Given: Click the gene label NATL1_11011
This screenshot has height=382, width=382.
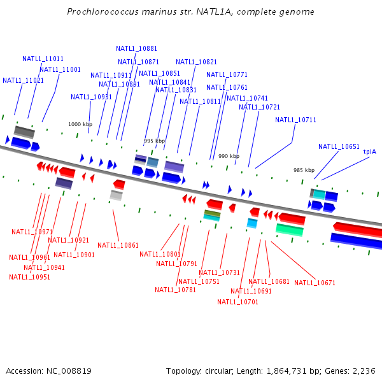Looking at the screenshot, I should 43,59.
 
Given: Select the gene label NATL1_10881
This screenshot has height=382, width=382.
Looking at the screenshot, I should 136,48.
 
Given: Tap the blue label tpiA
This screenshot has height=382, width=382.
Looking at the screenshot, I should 369,152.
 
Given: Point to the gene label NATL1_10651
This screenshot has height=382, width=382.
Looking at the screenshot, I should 339,146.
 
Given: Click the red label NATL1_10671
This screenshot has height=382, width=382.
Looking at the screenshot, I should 315,283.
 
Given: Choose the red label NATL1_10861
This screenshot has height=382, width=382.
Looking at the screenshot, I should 118,245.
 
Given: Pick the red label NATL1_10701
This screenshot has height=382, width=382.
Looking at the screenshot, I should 237,302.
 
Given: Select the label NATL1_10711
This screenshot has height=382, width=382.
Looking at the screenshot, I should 295,120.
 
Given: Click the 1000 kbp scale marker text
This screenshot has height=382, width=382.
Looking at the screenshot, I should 80,124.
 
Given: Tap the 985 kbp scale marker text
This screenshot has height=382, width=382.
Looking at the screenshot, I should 304,170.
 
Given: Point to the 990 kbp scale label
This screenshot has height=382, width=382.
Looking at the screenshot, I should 229,156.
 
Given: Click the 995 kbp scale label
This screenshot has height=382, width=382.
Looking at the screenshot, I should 154,141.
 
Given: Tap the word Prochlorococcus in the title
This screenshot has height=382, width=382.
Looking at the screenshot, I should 101,12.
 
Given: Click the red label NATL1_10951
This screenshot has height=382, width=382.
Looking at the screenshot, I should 29,277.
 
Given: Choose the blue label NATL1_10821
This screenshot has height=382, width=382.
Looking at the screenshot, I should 196,62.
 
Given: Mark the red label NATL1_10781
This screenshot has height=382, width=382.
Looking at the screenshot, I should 175,290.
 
